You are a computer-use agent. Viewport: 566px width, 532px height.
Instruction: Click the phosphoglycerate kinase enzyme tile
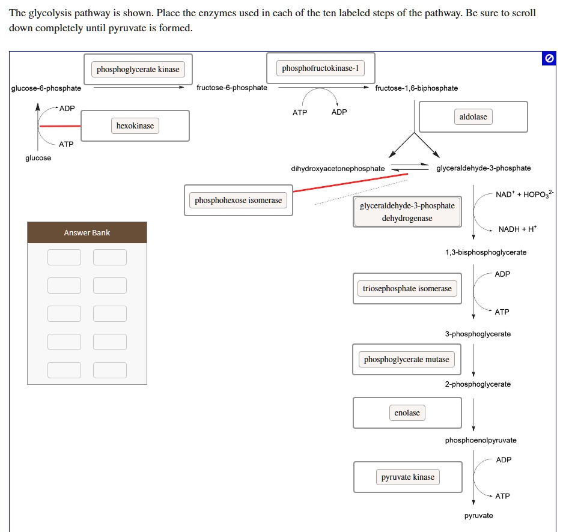coord(138,70)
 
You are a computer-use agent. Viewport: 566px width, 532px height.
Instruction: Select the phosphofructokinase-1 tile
coord(320,68)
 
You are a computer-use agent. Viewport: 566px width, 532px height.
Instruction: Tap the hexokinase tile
coord(135,126)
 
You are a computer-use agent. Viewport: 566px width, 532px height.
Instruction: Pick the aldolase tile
coord(473,117)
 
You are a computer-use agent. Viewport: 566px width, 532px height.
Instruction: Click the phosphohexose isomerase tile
coord(238,201)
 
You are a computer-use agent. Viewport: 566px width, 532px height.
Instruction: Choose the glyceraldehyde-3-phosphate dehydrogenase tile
coord(407,212)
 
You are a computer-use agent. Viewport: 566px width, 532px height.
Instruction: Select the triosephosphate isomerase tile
coord(407,289)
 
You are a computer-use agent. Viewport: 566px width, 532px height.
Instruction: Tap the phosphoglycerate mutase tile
coord(406,360)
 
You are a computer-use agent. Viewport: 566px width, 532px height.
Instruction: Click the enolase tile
coord(407,413)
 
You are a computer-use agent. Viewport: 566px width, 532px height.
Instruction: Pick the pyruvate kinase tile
coord(407,477)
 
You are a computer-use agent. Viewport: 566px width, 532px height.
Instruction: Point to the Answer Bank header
coord(87,233)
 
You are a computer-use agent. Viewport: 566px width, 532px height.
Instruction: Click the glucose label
coord(38,158)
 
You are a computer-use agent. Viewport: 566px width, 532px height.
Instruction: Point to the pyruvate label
coord(478,516)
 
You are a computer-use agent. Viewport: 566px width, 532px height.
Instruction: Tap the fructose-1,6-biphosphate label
coord(416,88)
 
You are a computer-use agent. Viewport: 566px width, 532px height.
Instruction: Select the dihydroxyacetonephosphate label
coord(338,169)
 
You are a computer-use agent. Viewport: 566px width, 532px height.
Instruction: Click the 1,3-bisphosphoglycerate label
coord(485,252)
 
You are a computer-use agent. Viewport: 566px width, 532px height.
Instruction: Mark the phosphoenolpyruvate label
coord(481,440)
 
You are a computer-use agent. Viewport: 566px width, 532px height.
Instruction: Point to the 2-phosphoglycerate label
coord(478,384)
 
